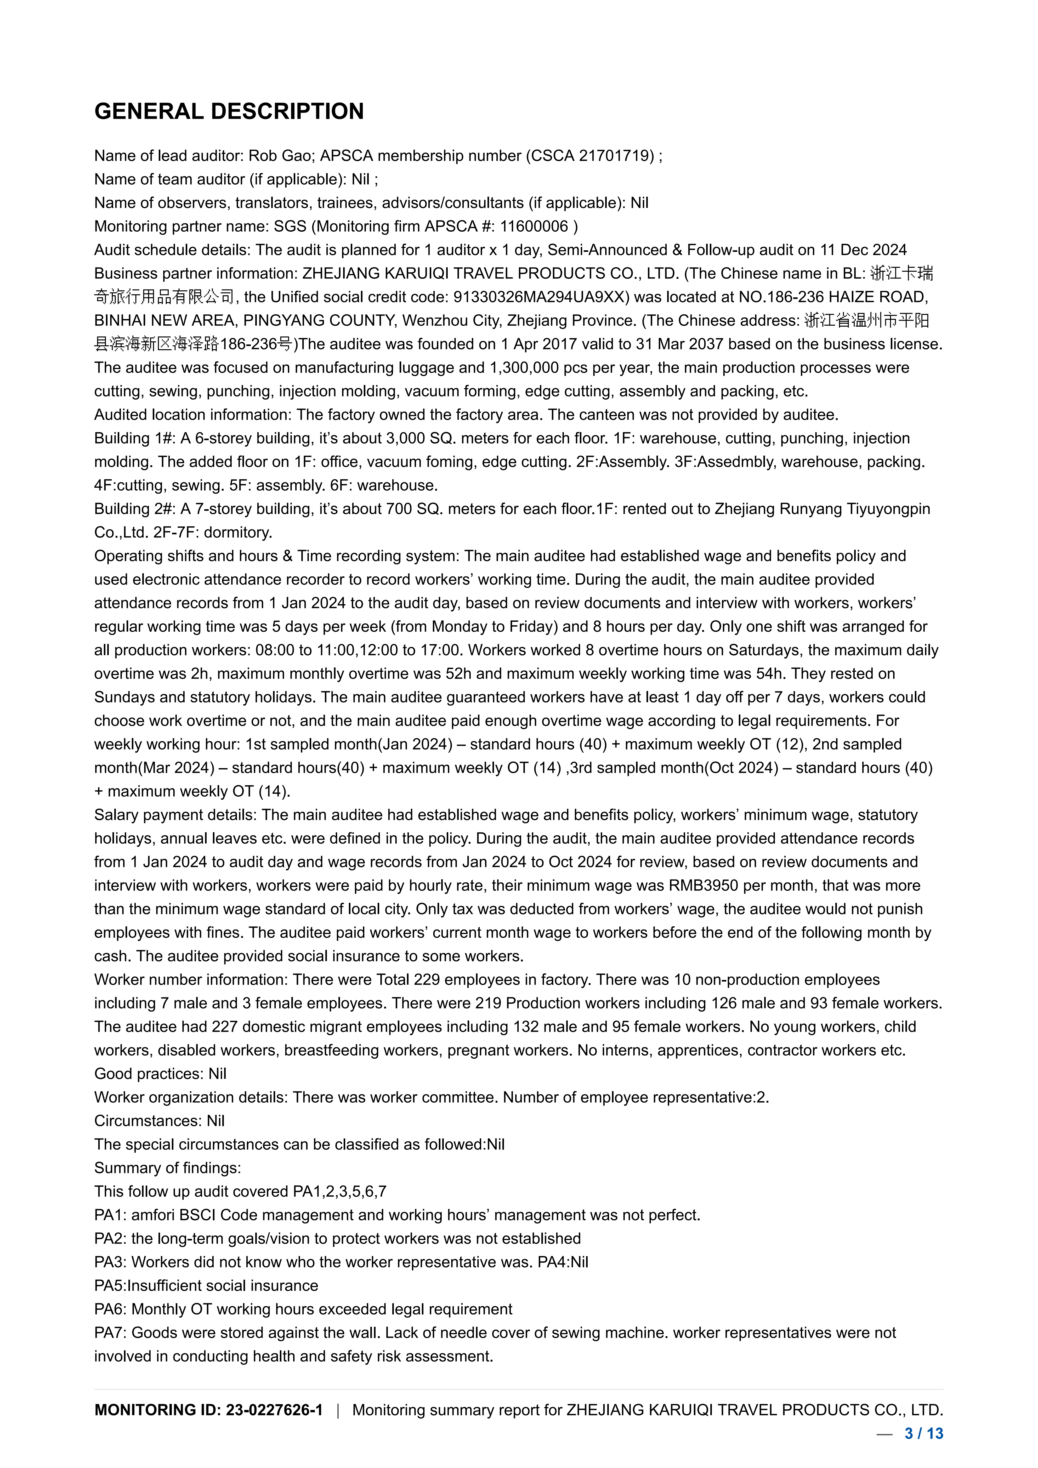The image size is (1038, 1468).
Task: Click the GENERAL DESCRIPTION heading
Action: tap(229, 111)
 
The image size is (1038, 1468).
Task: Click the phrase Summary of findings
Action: tap(167, 1168)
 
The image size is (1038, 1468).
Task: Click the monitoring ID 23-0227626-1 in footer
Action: tap(274, 1410)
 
